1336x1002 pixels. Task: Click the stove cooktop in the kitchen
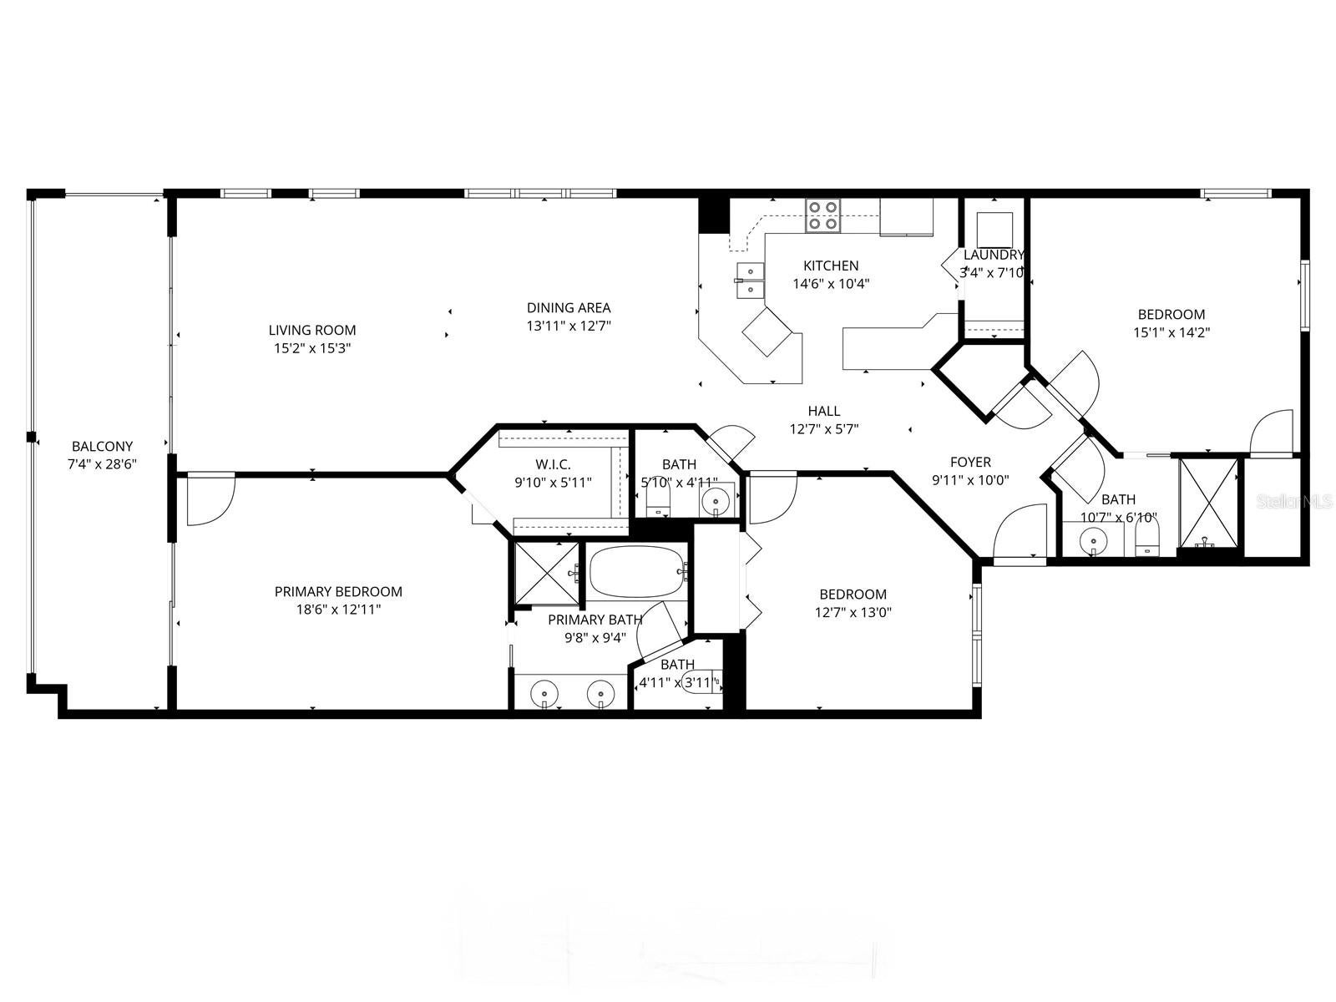tap(822, 215)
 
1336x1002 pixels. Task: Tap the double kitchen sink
tap(750, 281)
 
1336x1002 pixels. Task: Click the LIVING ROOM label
tap(312, 330)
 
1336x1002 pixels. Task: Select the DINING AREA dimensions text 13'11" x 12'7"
tap(569, 326)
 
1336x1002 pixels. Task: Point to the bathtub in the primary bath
tap(637, 571)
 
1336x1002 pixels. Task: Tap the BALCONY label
tap(102, 447)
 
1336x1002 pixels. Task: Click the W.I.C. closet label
tap(553, 464)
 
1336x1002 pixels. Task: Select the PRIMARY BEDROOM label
tap(338, 591)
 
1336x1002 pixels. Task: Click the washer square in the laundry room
tap(994, 228)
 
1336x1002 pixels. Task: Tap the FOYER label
tap(970, 462)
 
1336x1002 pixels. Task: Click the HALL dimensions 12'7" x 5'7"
tap(824, 429)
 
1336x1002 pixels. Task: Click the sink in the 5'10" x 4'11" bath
tap(716, 501)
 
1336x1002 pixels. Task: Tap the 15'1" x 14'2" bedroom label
tap(1172, 315)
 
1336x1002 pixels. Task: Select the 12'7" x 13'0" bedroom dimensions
tap(853, 612)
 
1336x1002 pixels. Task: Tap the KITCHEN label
tap(831, 266)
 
